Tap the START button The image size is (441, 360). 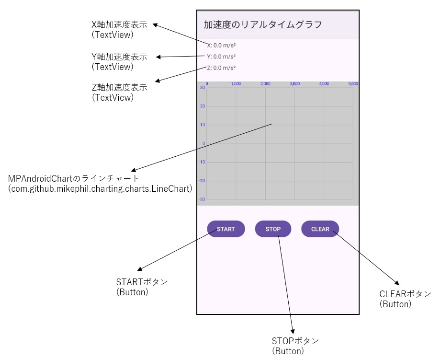pos(226,229)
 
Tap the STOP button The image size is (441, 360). pos(273,229)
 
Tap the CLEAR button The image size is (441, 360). pos(320,229)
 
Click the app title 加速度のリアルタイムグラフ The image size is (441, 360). pos(263,24)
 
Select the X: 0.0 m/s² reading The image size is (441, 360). pos(221,46)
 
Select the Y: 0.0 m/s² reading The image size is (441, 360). pos(221,57)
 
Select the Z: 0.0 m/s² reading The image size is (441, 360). pos(221,68)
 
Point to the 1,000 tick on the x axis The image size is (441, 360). pos(236,83)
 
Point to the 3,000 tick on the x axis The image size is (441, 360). pos(294,83)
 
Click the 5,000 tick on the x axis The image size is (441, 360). pos(353,83)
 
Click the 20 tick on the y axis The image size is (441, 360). pos(203,106)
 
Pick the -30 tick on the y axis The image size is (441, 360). pos(202,199)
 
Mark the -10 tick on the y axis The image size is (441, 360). pos(202,162)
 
